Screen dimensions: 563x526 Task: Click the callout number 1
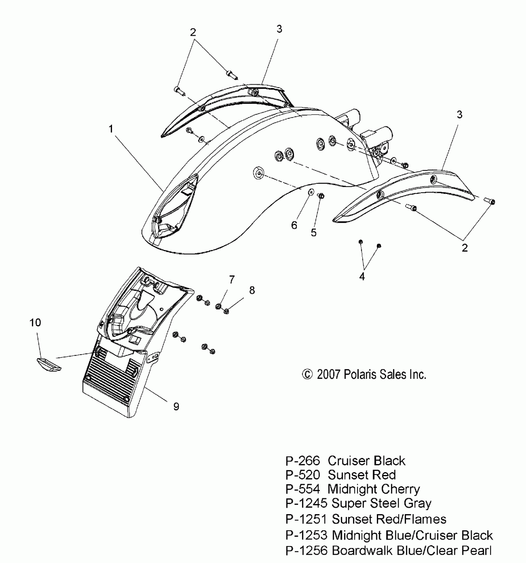pos(111,129)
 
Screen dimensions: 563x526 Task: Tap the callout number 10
pos(35,323)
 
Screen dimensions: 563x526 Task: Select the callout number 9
pos(176,407)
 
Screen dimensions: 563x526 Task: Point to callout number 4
pos(362,277)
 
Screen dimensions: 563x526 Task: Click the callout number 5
pos(314,233)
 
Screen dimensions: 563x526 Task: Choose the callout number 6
pos(294,225)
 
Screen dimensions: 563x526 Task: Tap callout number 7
pos(232,280)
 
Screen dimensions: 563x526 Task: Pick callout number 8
pos(252,290)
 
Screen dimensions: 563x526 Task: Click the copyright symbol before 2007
pos(307,375)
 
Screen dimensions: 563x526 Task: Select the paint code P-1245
pos(306,503)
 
